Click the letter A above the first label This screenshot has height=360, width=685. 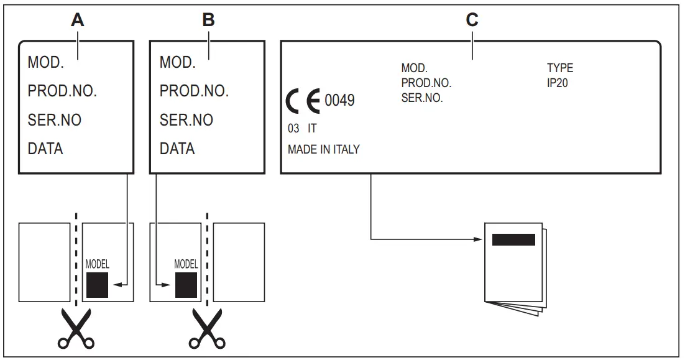[77, 19]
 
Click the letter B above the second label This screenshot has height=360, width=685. [209, 19]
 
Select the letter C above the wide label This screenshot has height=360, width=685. [472, 19]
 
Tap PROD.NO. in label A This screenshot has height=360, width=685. [62, 91]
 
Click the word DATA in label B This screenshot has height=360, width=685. [177, 149]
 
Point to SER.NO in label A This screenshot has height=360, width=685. [55, 120]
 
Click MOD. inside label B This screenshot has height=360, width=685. [178, 63]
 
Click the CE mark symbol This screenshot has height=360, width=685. [304, 101]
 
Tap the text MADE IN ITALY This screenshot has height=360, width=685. [323, 150]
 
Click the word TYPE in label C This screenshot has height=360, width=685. [559, 68]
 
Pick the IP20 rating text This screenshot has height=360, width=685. [558, 82]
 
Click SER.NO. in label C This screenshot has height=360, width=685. [422, 98]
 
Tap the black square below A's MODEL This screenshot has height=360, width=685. [97, 285]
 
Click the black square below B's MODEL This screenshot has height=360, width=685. [186, 285]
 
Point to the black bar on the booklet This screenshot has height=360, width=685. [513, 239]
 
